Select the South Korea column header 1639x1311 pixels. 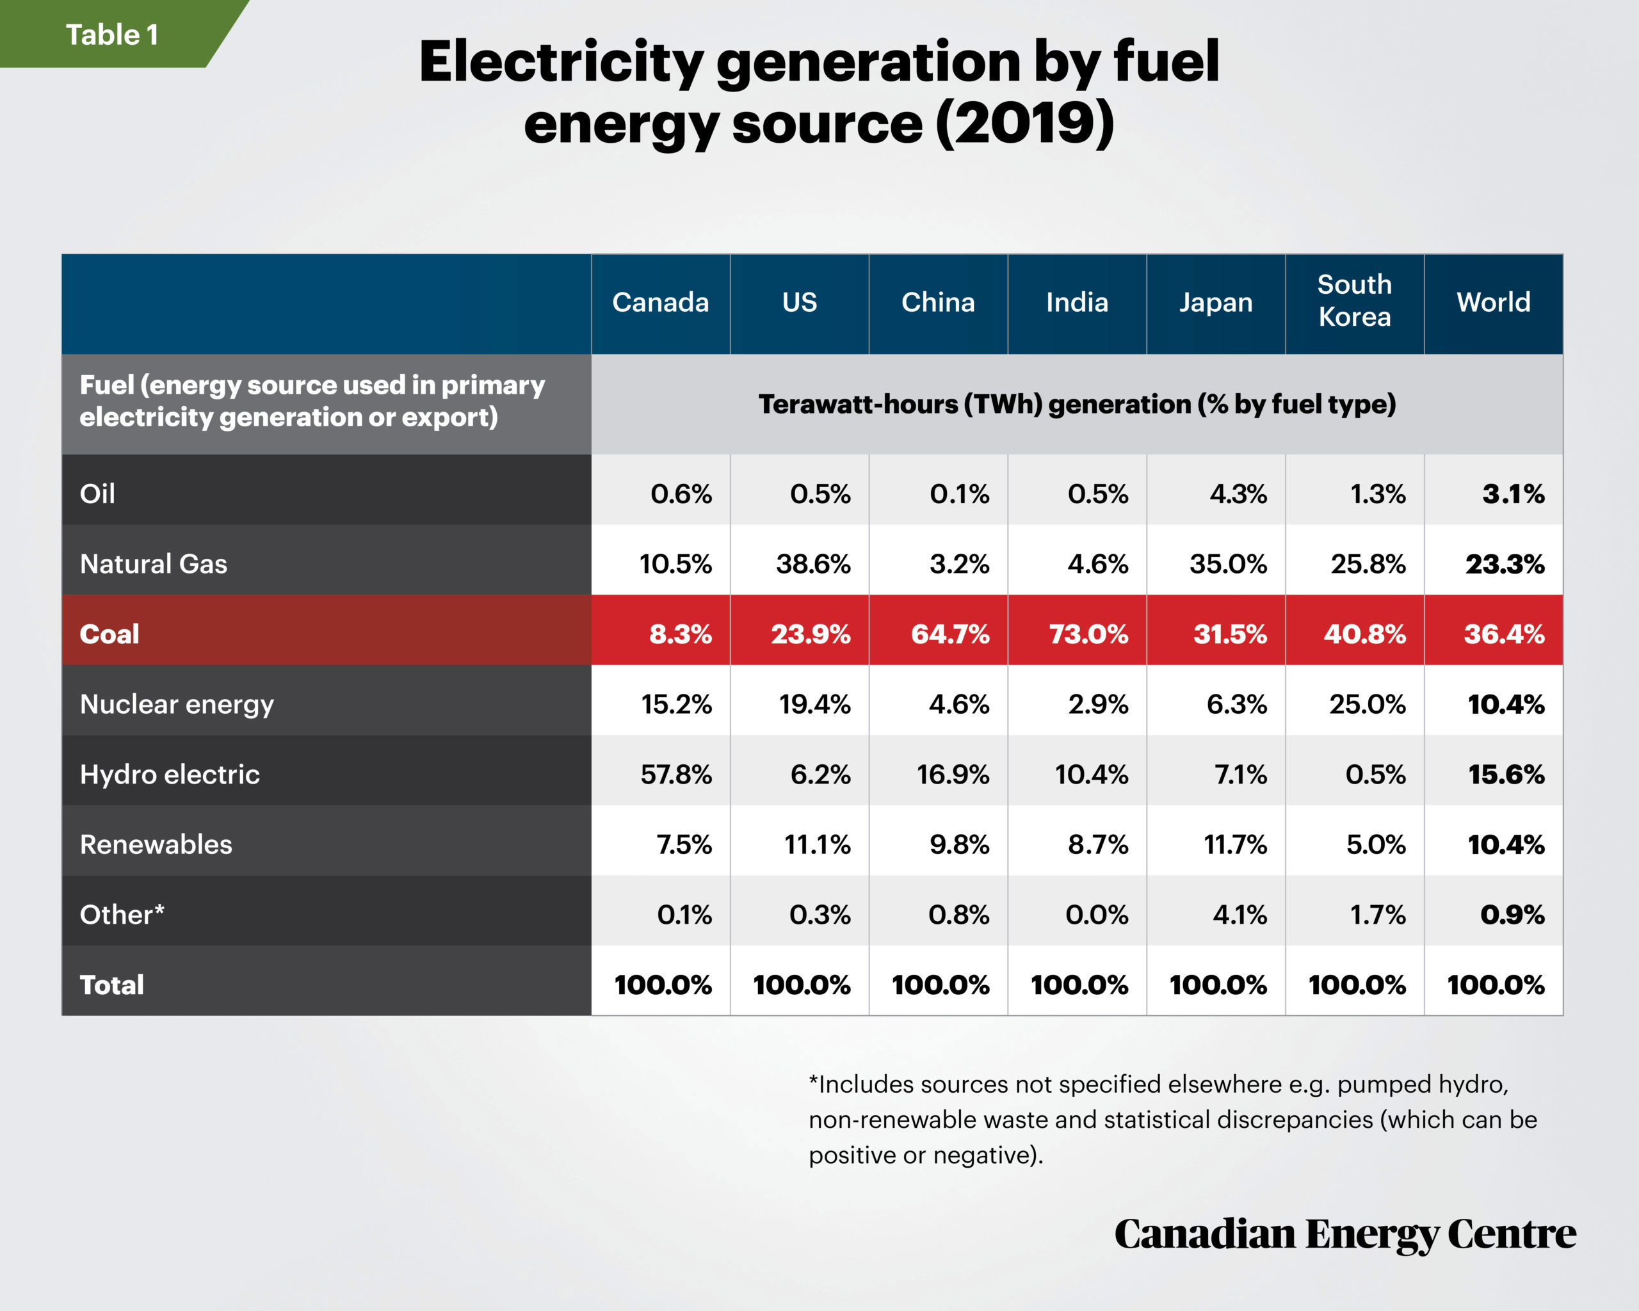click(x=1354, y=301)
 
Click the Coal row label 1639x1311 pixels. click(x=109, y=634)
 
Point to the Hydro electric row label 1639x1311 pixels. click(x=170, y=775)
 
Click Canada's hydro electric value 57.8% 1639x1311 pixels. click(x=676, y=775)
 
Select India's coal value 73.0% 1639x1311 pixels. click(x=1088, y=634)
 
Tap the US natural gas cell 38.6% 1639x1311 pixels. click(x=812, y=564)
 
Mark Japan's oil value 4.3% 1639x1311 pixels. click(x=1238, y=494)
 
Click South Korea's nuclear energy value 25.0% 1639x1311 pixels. click(x=1368, y=705)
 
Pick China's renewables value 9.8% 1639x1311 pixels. click(x=959, y=844)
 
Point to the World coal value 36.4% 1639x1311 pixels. click(x=1505, y=634)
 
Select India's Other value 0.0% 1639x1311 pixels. click(x=1097, y=914)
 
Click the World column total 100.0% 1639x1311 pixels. click(x=1496, y=985)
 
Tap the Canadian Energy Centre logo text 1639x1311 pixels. click(x=1344, y=1234)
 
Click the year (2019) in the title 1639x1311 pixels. click(x=1025, y=123)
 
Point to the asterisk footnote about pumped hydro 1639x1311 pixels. click(x=1173, y=1119)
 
